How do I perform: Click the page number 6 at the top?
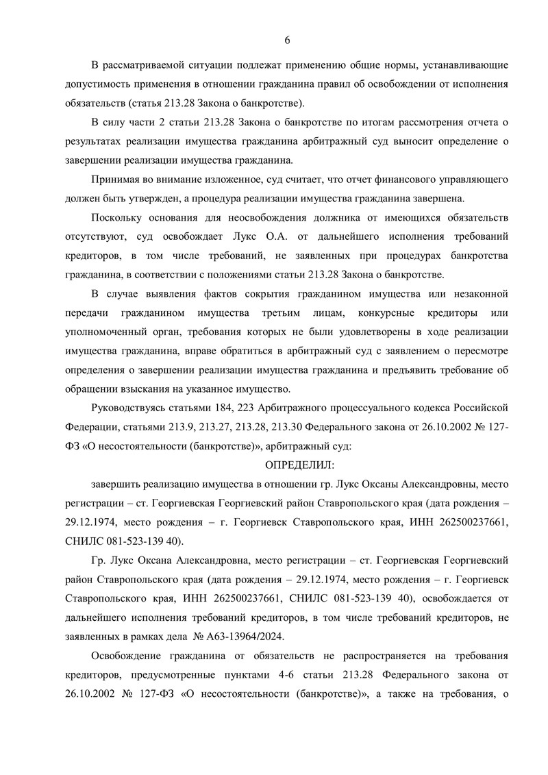point(287,40)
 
